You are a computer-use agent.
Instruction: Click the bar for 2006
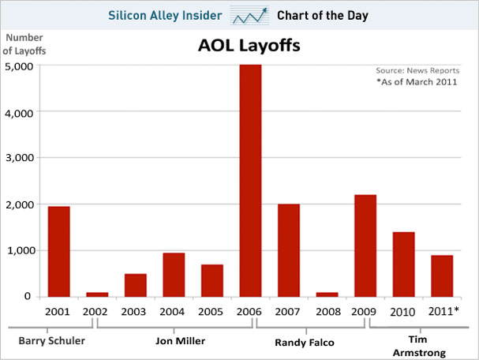[x=250, y=181]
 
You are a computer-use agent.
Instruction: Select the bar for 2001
[x=58, y=251]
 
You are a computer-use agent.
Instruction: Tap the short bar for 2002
[x=97, y=294]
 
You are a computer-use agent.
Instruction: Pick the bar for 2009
[x=365, y=246]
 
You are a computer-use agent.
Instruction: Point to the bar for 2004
[x=174, y=275]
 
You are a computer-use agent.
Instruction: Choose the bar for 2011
[x=441, y=276]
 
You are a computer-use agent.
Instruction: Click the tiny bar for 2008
[x=327, y=294]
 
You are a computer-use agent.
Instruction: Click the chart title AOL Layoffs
[x=249, y=48]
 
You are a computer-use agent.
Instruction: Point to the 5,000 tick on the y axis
[x=24, y=66]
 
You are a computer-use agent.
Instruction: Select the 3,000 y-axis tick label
[x=24, y=158]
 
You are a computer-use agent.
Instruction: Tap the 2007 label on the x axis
[x=289, y=311]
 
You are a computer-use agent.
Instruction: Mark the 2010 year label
[x=403, y=311]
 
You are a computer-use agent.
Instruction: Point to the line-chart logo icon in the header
[x=249, y=15]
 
